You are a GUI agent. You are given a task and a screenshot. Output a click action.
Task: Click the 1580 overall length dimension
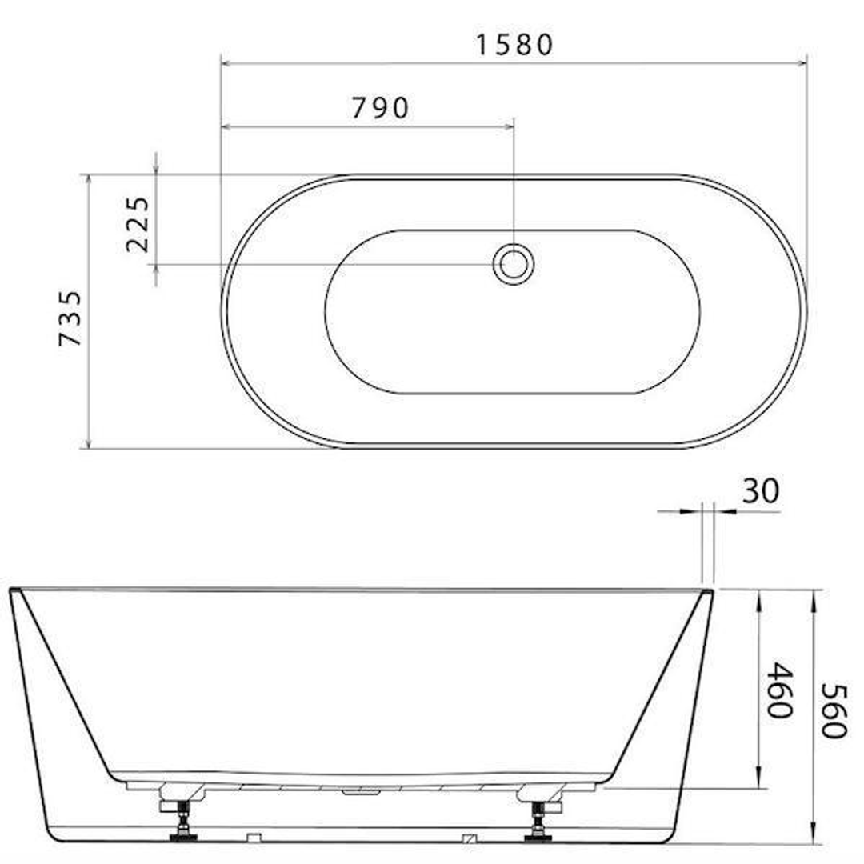(514, 44)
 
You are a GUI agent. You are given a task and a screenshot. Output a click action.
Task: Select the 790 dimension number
(380, 107)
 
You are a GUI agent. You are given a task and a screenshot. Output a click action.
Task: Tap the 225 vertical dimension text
(138, 224)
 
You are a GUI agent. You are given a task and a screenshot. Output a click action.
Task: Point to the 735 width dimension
(70, 318)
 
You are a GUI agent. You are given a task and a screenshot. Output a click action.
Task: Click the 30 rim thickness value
(759, 490)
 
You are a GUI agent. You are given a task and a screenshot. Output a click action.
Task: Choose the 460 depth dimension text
(778, 689)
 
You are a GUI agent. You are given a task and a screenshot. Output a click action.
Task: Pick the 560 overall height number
(834, 711)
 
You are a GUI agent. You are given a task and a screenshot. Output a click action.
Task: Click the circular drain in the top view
(512, 263)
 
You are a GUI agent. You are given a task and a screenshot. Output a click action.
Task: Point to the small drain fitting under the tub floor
(362, 792)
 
